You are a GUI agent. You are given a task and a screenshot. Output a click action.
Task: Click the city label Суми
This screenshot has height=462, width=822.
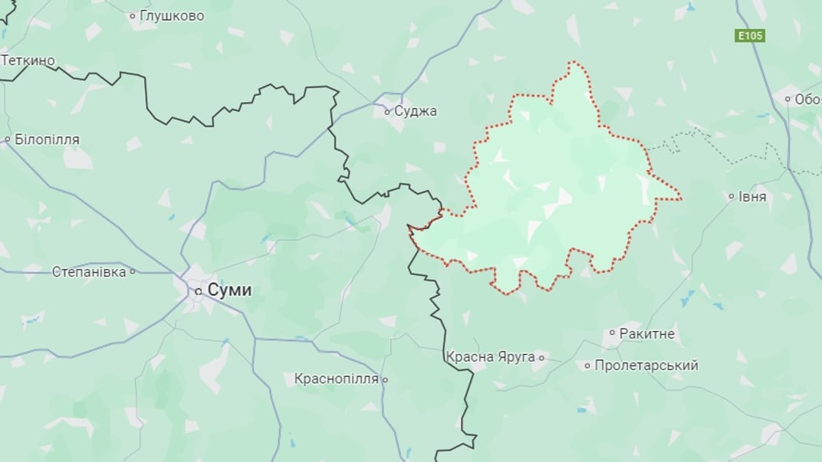[230, 290]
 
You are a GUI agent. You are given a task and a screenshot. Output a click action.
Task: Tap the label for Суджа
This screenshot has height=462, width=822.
[416, 111]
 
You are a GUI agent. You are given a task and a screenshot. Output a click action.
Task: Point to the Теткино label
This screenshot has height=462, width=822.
[28, 60]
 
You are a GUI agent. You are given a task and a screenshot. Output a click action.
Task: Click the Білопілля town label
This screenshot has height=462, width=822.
[46, 139]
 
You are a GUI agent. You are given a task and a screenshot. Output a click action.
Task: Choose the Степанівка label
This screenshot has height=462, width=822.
[89, 271]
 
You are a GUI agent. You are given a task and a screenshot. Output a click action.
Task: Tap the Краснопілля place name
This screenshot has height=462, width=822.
[337, 378]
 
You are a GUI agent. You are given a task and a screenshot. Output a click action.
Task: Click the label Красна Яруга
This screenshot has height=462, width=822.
[490, 357]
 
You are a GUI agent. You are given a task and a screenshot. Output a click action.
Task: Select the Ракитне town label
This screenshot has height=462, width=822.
[646, 333]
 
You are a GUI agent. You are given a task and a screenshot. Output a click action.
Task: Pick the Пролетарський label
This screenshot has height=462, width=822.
[646, 365]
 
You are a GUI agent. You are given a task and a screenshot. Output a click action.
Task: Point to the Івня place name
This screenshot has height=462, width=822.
[752, 196]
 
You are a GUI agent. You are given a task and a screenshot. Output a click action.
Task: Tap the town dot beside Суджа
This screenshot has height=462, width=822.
[388, 111]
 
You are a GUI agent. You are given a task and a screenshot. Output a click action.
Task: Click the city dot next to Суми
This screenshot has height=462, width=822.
[199, 291]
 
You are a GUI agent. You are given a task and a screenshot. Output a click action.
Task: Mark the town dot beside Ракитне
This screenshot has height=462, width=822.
[612, 333]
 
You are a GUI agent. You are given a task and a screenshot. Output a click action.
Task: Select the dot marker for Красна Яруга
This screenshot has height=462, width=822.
[541, 357]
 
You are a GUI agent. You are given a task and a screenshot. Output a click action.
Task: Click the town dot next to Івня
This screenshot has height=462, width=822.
[732, 196]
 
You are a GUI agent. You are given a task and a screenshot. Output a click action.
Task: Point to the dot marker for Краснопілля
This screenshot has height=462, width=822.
[385, 379]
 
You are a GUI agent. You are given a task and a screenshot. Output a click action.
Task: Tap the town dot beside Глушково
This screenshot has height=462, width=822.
[133, 15]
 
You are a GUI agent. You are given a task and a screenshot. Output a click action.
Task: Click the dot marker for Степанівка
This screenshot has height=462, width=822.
[133, 271]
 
